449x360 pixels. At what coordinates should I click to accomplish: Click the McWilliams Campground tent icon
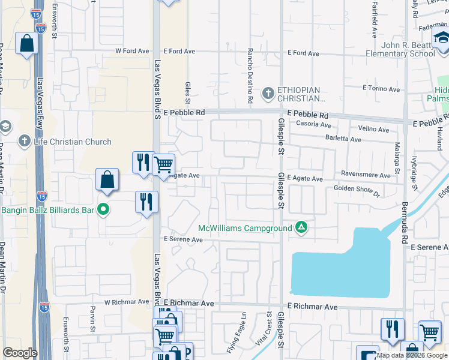[x=301, y=227]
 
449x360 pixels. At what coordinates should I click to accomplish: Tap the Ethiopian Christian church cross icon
[x=268, y=92]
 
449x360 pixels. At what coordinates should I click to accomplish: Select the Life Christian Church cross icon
[x=25, y=142]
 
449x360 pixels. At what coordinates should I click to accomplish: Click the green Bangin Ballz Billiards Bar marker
[x=103, y=210]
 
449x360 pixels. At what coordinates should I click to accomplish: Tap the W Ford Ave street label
[x=131, y=51]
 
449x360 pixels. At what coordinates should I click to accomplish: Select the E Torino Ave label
[x=381, y=89]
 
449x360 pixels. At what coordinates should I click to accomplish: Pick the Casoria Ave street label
[x=314, y=125]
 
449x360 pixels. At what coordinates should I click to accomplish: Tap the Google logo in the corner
[x=20, y=353]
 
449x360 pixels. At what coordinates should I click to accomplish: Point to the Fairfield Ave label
[x=374, y=20]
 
